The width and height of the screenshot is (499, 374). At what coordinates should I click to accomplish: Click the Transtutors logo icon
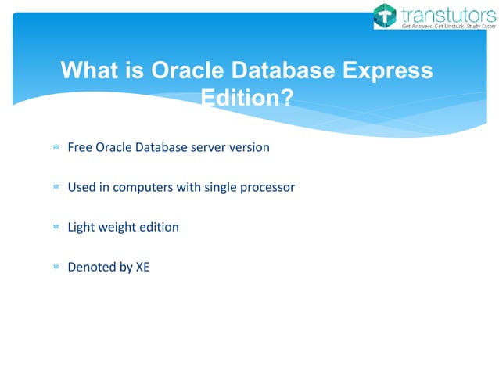[x=386, y=16]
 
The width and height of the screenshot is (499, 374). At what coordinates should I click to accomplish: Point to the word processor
[x=267, y=187]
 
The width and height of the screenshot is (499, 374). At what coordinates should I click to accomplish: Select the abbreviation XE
[x=142, y=267]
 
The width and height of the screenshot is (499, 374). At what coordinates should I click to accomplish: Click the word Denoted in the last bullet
[x=91, y=267]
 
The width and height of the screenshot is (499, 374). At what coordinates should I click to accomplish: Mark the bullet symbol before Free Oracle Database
[x=56, y=148]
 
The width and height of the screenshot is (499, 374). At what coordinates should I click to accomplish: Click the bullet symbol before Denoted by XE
[x=56, y=268]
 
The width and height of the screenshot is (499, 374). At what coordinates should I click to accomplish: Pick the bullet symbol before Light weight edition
[x=56, y=228]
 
